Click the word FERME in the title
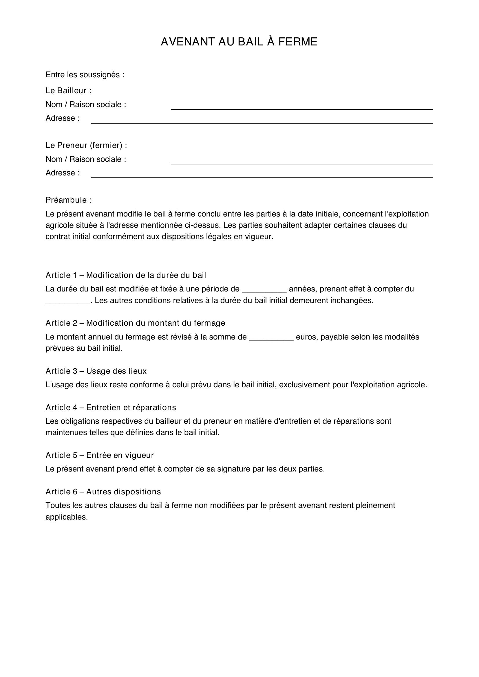[x=298, y=42]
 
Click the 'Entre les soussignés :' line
[x=85, y=75]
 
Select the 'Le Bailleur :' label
[x=68, y=91]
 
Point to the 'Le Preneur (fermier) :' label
[x=86, y=145]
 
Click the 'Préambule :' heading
[x=68, y=200]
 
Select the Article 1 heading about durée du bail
[x=126, y=275]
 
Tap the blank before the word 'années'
[x=264, y=289]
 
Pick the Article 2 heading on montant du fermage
[x=135, y=323]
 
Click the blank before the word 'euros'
[x=271, y=337]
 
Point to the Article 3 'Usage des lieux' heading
[x=96, y=371]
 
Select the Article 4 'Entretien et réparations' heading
[x=111, y=407]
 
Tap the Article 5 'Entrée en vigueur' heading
[x=100, y=455]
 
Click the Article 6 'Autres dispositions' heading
[x=103, y=491]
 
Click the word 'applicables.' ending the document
[x=67, y=517]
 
